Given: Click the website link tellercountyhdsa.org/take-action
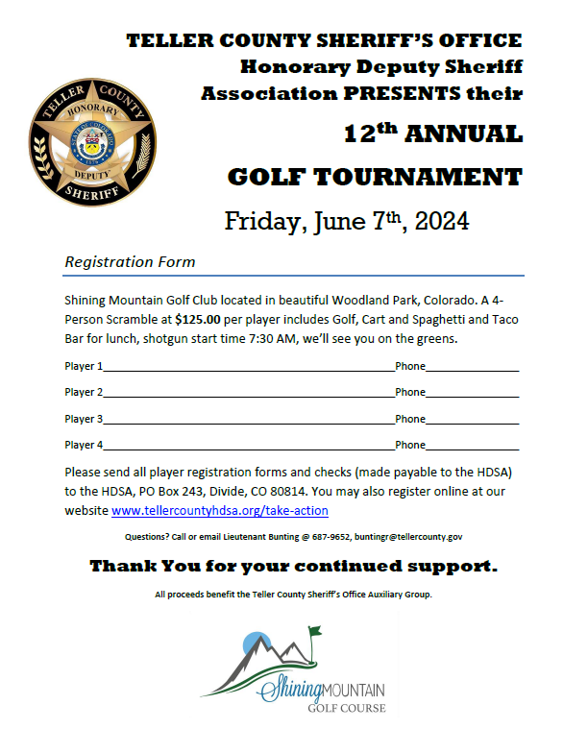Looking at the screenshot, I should (219, 511).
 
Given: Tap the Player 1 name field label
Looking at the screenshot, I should (83, 366).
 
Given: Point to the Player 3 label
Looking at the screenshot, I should (83, 419).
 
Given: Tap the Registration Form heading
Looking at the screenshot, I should (130, 261).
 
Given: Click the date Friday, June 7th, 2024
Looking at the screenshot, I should (347, 221).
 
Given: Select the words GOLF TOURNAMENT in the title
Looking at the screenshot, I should (375, 177).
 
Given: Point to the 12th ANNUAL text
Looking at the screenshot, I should (432, 134).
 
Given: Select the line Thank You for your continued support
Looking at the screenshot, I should (294, 566).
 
